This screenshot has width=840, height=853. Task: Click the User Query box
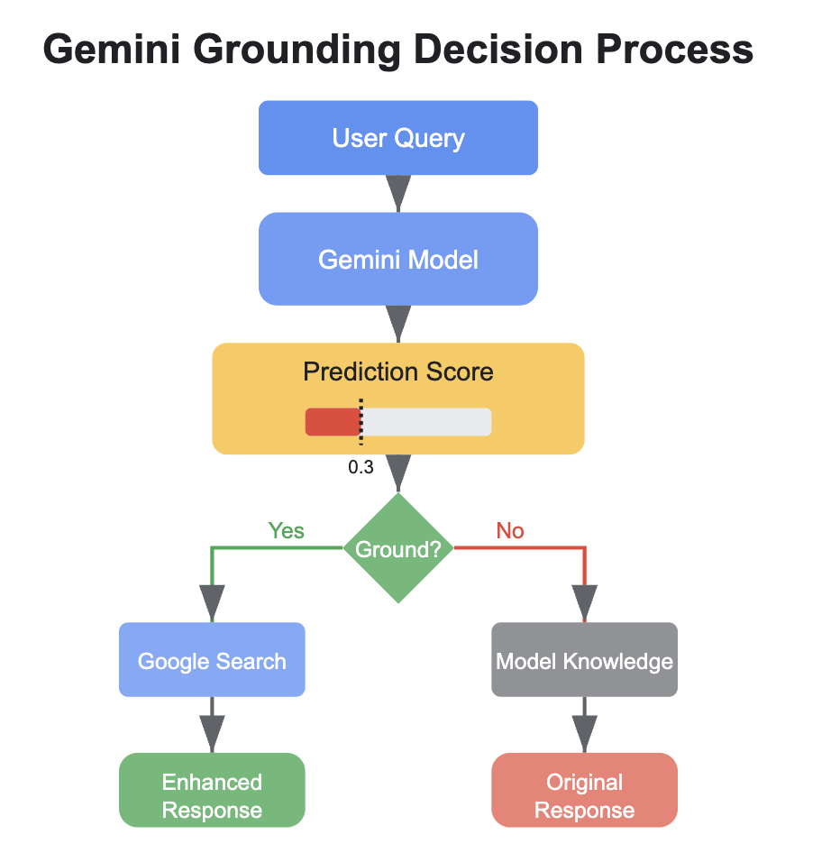tap(397, 138)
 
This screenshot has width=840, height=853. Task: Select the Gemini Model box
tap(397, 260)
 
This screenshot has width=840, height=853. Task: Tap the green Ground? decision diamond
tap(397, 548)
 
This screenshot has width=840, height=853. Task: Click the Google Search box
tap(212, 660)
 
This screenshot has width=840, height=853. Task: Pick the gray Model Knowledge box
tap(584, 660)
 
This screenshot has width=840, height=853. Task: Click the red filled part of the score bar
tap(332, 422)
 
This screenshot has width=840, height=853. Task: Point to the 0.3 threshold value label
tap(361, 468)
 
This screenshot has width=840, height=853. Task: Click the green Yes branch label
tap(286, 530)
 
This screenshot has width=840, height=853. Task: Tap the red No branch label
tap(510, 530)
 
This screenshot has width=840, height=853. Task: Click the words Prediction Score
tap(397, 371)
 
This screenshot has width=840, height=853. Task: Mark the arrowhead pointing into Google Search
tap(212, 601)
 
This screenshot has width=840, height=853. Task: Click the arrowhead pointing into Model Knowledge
tap(584, 601)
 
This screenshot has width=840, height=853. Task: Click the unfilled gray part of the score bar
tap(426, 422)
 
